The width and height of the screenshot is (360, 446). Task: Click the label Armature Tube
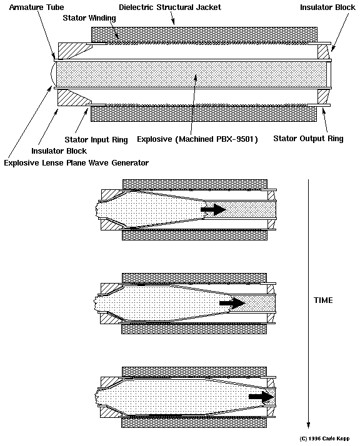(36, 7)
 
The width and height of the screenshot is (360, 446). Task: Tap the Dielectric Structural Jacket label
(170, 7)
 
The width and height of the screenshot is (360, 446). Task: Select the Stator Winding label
(89, 18)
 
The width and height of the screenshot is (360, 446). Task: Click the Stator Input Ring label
(96, 140)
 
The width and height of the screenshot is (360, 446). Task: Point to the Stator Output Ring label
(308, 139)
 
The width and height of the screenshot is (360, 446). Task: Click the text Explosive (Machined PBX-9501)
(197, 139)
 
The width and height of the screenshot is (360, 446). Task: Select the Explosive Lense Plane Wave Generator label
(76, 163)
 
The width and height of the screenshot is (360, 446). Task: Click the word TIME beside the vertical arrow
(323, 300)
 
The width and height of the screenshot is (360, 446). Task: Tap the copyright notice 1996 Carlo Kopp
(324, 439)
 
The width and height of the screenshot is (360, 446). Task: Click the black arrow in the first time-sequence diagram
(214, 210)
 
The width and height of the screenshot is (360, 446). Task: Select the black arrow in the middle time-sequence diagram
(232, 303)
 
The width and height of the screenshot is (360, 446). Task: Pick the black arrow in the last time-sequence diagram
(261, 397)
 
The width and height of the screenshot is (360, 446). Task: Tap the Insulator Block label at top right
(327, 7)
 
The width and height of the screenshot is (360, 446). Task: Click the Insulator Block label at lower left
(59, 151)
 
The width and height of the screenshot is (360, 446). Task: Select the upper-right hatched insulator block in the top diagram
(323, 52)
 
